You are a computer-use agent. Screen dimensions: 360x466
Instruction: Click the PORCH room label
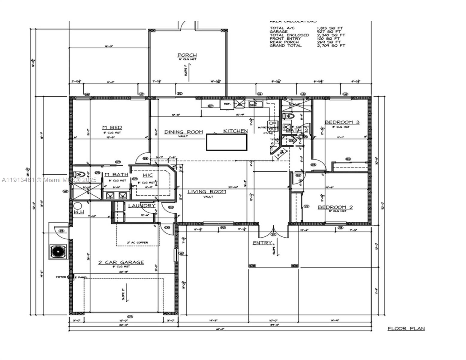coord(187,55)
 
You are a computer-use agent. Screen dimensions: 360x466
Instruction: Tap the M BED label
coord(112,128)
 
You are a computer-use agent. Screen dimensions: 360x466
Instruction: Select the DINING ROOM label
coord(183,132)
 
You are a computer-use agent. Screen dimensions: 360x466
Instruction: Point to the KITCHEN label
coord(236,131)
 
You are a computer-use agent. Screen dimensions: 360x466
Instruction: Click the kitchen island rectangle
coord(227,142)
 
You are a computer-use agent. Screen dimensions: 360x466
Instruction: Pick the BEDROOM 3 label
coord(342,122)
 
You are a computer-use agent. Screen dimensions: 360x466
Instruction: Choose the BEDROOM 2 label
coord(335,207)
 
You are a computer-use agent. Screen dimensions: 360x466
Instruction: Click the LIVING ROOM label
coord(207,192)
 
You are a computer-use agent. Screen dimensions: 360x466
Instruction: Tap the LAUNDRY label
coord(142,206)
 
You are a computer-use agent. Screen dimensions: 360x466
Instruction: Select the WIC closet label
coord(148,175)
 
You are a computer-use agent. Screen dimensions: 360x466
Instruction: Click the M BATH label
coord(116,175)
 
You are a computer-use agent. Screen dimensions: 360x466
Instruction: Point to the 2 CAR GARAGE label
coord(121,262)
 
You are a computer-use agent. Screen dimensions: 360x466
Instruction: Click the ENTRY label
coord(262,243)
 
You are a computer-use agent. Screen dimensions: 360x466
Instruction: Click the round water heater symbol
coord(78,206)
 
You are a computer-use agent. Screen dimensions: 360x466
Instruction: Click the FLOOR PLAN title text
coord(406,328)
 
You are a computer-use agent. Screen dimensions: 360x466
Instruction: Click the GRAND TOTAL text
coord(285,46)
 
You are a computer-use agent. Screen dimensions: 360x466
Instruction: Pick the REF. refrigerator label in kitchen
coord(227,104)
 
